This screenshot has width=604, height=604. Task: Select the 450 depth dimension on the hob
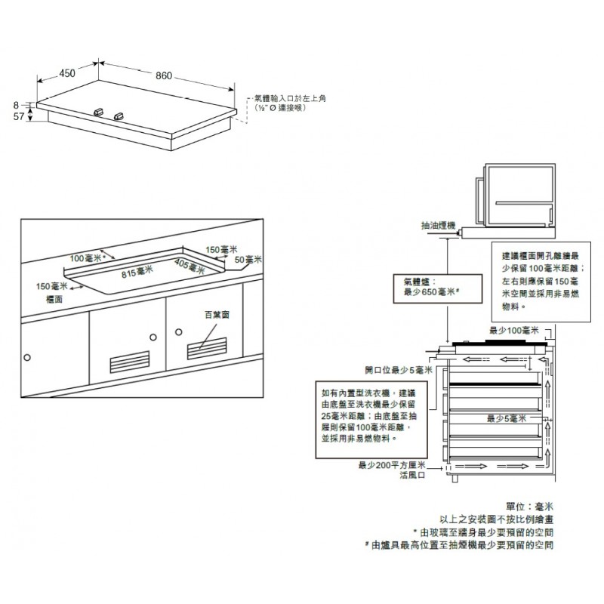pos(67,73)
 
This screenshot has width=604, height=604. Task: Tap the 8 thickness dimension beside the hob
pos(16,105)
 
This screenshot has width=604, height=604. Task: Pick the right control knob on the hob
pos(121,116)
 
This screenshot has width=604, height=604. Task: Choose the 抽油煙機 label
pos(439,225)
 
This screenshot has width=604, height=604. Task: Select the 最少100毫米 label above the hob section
pos(513,331)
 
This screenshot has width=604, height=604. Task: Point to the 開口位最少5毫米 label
pos(398,370)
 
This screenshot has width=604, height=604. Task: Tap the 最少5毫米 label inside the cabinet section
pos(506,418)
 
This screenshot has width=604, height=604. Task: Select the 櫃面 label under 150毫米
pos(54,299)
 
